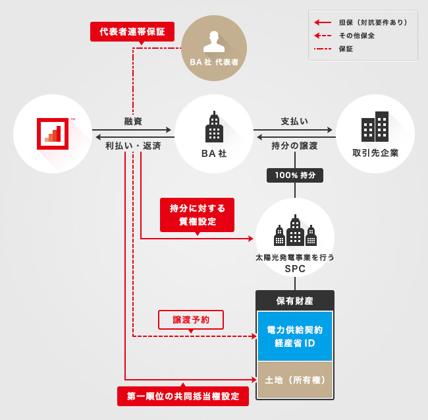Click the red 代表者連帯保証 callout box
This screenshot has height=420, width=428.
pos(132,31)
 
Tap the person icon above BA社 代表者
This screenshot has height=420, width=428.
pos(213,40)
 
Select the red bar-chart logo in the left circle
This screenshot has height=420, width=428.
pos(53,135)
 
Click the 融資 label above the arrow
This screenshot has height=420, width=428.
pos(133,121)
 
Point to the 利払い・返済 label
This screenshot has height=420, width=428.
pos(133,145)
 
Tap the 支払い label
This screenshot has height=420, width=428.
pos(294,121)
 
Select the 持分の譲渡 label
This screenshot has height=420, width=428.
pos(294,145)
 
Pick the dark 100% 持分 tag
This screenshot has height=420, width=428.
pos(294,175)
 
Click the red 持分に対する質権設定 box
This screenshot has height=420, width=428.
pos(197,215)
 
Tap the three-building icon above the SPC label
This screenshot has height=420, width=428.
pos(294,231)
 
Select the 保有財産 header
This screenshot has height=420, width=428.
pos(294,301)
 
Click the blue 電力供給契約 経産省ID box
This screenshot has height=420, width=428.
pos(294,336)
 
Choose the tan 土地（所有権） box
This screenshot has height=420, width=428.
pos(294,380)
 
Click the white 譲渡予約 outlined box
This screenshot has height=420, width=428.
pos(191,319)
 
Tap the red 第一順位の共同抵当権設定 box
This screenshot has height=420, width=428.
pos(183,396)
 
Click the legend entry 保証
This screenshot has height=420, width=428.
pos(346,49)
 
